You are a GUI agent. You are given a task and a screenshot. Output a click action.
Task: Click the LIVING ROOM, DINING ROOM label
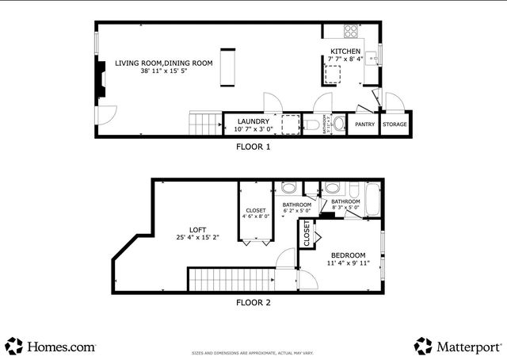[164, 63]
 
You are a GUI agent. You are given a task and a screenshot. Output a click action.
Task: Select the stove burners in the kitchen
[350, 32]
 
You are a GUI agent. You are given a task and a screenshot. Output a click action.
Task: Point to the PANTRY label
[364, 124]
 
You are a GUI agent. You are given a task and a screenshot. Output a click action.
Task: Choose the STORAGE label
[395, 124]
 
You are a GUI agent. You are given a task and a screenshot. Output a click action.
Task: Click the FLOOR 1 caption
[253, 147]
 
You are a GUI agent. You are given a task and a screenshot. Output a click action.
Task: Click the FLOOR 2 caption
[253, 302]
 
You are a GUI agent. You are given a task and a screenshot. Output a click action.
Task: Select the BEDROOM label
[346, 255]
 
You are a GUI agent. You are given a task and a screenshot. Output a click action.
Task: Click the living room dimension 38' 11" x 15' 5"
[164, 71]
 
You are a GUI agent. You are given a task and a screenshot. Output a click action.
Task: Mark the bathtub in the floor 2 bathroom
[373, 197]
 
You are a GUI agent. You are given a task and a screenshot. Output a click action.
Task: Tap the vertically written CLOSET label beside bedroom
[306, 235]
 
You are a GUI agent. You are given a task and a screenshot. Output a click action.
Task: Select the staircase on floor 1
[205, 124]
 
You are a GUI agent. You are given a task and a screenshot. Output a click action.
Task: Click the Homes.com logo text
[61, 347]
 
